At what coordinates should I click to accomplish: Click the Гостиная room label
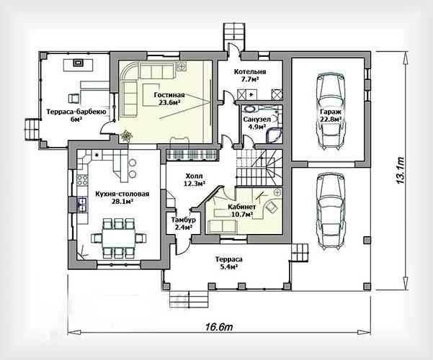click(x=169, y=99)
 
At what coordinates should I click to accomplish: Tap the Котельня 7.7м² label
click(x=250, y=76)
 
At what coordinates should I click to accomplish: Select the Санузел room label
click(x=256, y=123)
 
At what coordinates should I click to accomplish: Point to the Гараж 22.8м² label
click(x=331, y=115)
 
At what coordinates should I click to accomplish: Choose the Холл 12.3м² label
click(x=194, y=179)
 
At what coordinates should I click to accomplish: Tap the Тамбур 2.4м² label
click(x=184, y=223)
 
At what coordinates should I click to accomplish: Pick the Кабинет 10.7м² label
click(x=241, y=210)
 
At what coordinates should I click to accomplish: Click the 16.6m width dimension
click(x=219, y=327)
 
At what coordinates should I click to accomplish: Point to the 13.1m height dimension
click(x=400, y=171)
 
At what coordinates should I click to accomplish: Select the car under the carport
click(x=331, y=211)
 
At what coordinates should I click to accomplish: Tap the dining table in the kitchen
click(x=118, y=239)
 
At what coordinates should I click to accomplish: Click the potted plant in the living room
click(x=126, y=136)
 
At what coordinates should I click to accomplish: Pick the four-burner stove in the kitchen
click(x=82, y=180)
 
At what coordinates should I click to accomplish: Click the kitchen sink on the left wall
click(x=82, y=205)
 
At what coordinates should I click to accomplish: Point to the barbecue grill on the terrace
click(x=78, y=63)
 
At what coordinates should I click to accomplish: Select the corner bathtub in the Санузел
click(x=274, y=135)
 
